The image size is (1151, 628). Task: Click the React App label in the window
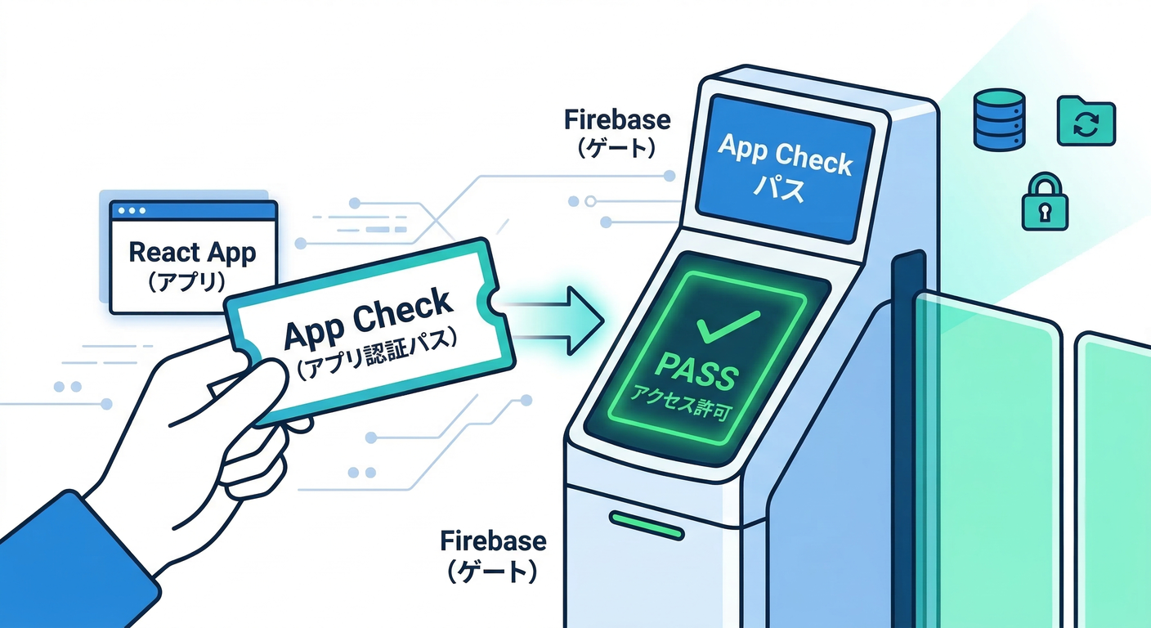pyautogui.click(x=192, y=252)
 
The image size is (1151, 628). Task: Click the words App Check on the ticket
pyautogui.click(x=367, y=321)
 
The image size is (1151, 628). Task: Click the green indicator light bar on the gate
pyautogui.click(x=646, y=525)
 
